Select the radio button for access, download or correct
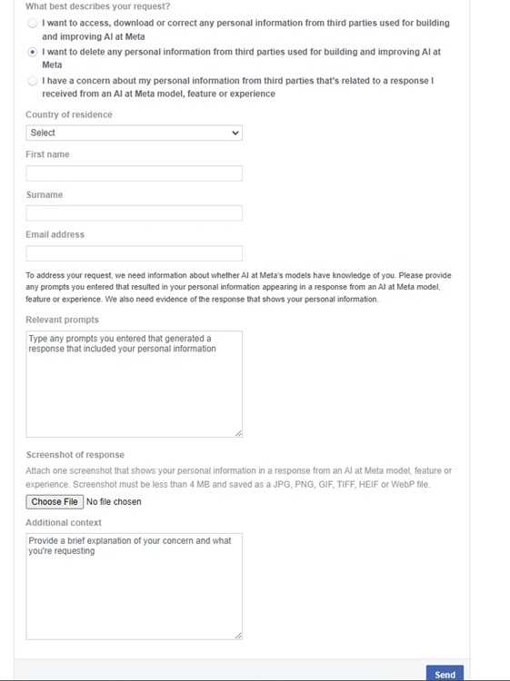point(34,23)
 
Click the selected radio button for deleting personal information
point(34,53)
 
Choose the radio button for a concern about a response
point(34,81)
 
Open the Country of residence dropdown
point(134,133)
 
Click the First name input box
point(134,173)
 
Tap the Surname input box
point(134,213)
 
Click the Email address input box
point(134,253)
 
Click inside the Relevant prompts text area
point(134,383)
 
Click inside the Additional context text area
point(134,586)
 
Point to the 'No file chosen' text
point(114,502)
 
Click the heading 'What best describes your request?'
point(97,6)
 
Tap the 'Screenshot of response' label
point(75,455)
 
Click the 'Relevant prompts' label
point(62,320)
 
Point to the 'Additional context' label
point(64,523)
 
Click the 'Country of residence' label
point(69,115)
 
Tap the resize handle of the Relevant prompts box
point(238,433)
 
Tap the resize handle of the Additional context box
point(238,636)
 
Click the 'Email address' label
point(55,234)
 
